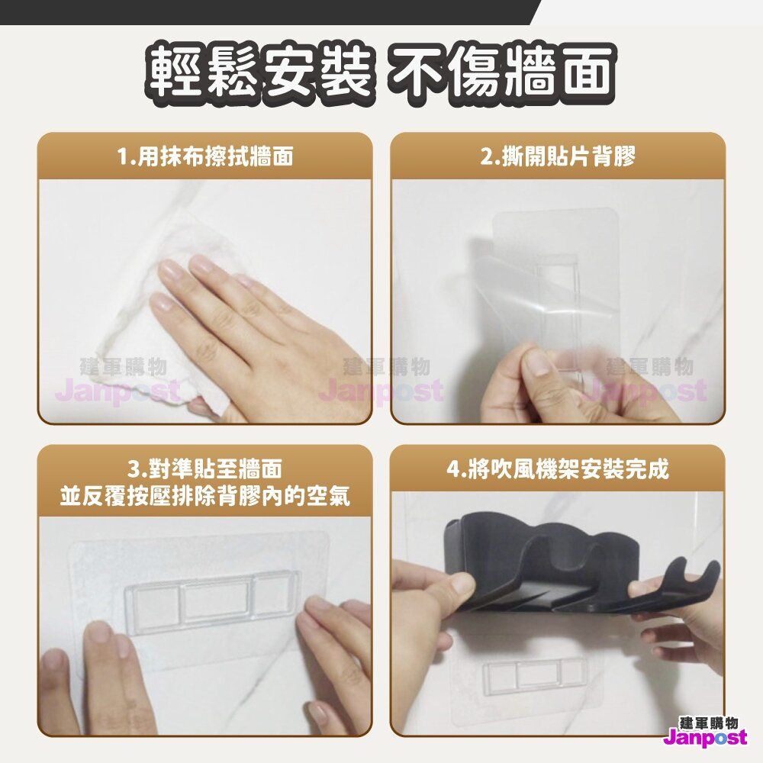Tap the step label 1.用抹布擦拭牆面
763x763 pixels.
(x=205, y=157)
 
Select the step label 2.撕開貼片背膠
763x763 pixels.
(x=558, y=157)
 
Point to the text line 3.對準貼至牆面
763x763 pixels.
(x=205, y=469)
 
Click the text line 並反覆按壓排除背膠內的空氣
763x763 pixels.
(x=205, y=497)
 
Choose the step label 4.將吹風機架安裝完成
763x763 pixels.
(x=558, y=469)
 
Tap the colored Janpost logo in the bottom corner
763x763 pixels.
(x=704, y=737)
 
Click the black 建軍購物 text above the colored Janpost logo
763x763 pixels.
(x=708, y=722)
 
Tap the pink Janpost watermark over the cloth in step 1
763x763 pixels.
(x=118, y=391)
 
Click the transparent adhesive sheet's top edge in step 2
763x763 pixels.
(x=555, y=212)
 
